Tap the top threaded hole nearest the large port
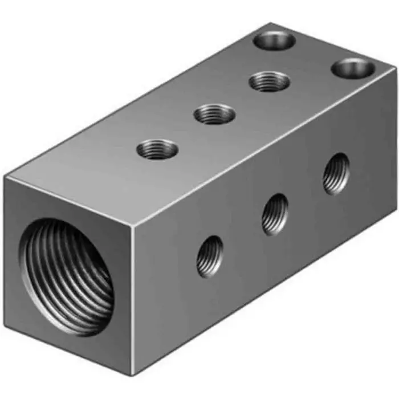coord(157,150)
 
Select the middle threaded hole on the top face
coord(214,114)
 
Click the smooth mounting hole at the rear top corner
coord(275,40)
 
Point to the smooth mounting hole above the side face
coord(353,68)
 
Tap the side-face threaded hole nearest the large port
coord(210,256)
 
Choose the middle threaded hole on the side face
coord(275,214)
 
